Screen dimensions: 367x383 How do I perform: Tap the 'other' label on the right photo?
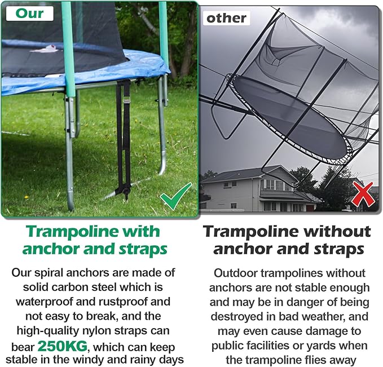(x=226, y=18)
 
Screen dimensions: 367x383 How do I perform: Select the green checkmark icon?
(x=174, y=198)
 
